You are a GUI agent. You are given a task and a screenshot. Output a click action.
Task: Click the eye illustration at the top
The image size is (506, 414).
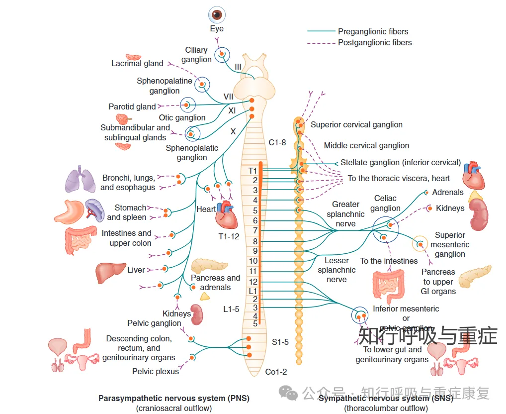(x=217, y=15)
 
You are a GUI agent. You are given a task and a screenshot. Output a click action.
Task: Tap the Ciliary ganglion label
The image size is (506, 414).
(x=196, y=55)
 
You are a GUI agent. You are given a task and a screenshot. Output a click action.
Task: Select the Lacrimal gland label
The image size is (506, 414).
(x=137, y=64)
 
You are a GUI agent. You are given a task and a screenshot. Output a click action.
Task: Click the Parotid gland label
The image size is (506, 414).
(x=132, y=106)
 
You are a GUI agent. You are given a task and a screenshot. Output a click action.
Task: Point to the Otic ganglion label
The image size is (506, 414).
(x=182, y=117)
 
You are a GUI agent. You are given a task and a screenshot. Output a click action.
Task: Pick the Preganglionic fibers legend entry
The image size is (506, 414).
(x=373, y=31)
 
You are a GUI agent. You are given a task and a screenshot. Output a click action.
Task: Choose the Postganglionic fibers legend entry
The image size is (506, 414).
(x=375, y=43)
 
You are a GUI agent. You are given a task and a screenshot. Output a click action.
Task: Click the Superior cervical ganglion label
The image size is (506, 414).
(x=356, y=125)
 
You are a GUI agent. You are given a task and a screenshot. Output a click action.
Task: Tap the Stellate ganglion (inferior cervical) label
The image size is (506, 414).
(x=401, y=163)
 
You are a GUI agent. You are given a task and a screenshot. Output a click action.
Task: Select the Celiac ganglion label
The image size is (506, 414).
(x=385, y=203)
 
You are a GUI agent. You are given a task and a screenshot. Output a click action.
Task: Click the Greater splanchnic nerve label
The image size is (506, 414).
(x=345, y=214)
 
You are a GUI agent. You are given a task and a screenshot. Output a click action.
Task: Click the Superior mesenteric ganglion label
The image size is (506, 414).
(x=450, y=244)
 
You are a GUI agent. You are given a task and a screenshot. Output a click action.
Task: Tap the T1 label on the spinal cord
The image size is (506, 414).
(x=253, y=171)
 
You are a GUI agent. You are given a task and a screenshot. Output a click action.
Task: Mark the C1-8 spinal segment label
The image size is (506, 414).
(x=277, y=142)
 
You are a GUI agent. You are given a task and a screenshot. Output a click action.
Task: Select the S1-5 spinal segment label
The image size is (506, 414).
(x=280, y=342)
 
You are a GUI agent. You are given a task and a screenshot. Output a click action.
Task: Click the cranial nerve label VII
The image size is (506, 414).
(x=228, y=97)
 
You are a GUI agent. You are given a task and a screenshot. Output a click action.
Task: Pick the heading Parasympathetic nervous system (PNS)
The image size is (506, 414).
(x=174, y=398)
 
